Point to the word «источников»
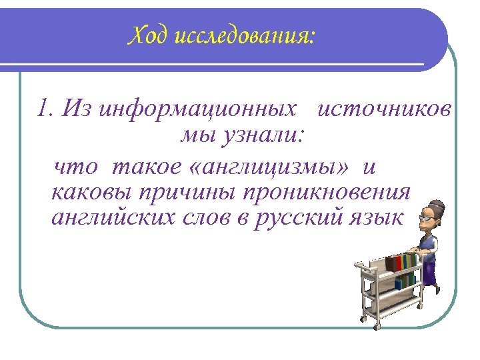385,108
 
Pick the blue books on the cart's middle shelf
405,281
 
